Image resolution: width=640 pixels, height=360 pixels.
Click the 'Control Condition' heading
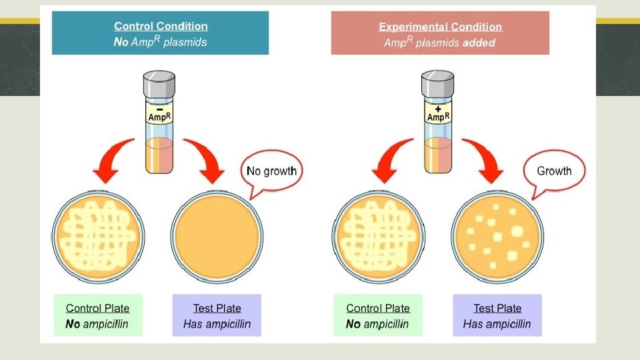click(x=161, y=27)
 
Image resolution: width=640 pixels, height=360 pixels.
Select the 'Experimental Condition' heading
click(x=440, y=27)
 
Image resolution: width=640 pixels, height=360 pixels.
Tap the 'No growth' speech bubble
click(x=271, y=171)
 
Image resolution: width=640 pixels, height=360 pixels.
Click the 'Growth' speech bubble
click(x=554, y=171)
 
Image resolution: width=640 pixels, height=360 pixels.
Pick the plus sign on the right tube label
click(x=437, y=107)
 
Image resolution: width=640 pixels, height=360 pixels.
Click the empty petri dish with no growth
click(x=217, y=237)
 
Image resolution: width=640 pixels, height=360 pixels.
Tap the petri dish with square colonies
click(x=497, y=237)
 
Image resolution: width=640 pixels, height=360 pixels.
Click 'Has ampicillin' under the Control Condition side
click(x=217, y=325)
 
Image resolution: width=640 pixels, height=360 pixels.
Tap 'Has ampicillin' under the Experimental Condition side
click(x=497, y=325)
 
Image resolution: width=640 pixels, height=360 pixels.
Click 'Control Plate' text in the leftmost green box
click(x=97, y=308)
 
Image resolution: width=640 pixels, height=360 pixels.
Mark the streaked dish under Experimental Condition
click(x=378, y=237)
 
